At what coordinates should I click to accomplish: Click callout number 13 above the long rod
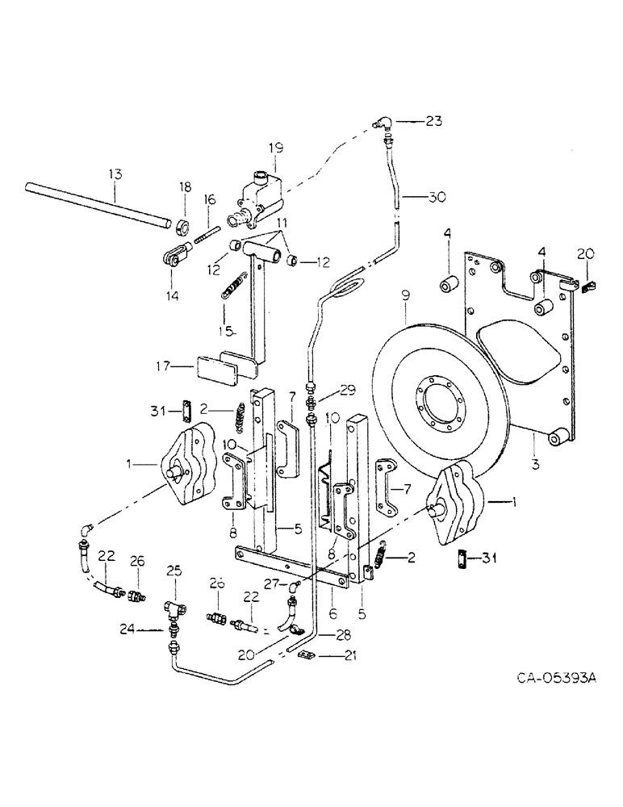point(115,174)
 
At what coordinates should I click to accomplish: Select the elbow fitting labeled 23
point(384,123)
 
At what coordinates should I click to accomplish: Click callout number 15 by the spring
point(228,332)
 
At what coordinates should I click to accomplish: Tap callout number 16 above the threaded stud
point(210,199)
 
